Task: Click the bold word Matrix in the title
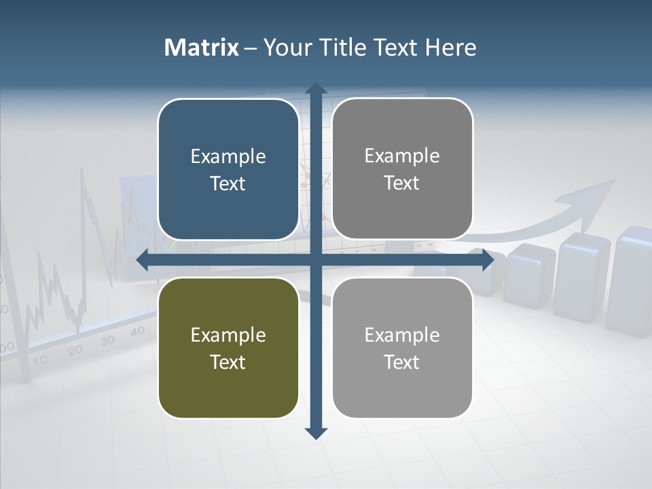(202, 48)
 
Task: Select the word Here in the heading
(451, 48)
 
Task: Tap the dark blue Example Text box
(228, 169)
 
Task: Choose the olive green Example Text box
(228, 348)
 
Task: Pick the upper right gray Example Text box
(402, 168)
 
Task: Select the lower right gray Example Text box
(402, 348)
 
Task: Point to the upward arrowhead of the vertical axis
(316, 88)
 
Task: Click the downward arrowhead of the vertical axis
(316, 433)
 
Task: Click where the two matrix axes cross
(316, 260)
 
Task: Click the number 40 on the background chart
(137, 331)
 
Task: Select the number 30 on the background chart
(107, 340)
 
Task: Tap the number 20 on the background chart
(75, 350)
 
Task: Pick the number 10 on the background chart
(40, 360)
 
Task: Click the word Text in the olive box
(228, 362)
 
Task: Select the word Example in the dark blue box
(228, 156)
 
